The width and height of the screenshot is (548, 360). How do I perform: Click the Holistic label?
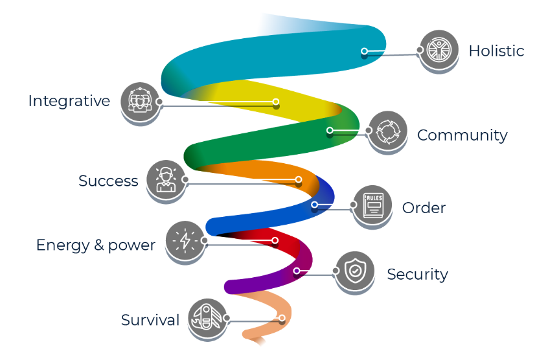496,51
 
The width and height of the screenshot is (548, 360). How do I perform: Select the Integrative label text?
69,101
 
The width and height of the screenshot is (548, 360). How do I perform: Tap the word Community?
462,135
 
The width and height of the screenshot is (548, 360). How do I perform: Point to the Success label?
108,181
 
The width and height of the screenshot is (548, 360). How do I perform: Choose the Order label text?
424,208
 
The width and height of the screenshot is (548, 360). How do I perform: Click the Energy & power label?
95,245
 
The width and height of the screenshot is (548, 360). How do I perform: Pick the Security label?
417,274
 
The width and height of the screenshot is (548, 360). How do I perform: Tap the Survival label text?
150,320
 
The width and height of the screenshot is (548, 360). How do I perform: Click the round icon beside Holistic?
439,50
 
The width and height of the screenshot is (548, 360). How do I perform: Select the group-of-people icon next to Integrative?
140,101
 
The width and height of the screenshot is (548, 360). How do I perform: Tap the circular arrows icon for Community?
388,131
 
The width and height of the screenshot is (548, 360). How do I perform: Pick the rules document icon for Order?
372,206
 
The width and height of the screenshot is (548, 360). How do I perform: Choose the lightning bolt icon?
185,240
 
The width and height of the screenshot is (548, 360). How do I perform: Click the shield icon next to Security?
354,271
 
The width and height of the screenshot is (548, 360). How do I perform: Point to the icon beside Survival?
208,318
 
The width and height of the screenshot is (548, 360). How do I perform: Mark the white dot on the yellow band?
276,102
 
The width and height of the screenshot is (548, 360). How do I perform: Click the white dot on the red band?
275,240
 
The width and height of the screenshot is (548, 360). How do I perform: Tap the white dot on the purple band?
297,271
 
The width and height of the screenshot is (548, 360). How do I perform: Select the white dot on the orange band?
299,179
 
